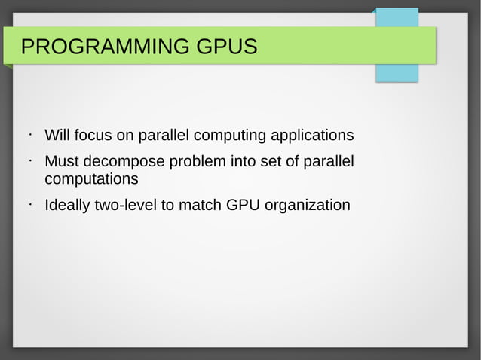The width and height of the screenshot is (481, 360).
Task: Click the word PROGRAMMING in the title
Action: pos(106,47)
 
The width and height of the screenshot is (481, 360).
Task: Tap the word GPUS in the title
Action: pos(226,47)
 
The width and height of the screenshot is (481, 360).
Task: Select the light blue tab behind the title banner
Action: pos(397,72)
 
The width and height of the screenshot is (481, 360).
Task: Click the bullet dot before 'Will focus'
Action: pos(27,135)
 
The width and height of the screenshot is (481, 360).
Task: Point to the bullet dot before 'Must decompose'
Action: pos(27,160)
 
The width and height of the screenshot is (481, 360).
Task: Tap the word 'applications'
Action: pos(311,136)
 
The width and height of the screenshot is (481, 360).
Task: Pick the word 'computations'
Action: pos(91,180)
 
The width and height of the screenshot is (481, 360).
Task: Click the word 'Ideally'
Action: pos(66,205)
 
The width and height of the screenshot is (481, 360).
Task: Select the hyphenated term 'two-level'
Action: pos(125,205)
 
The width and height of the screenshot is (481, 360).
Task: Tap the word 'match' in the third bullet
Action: pos(199,205)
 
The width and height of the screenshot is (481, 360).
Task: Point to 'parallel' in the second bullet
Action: pos(329,162)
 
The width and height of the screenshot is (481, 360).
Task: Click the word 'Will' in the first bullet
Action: pos(57,136)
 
